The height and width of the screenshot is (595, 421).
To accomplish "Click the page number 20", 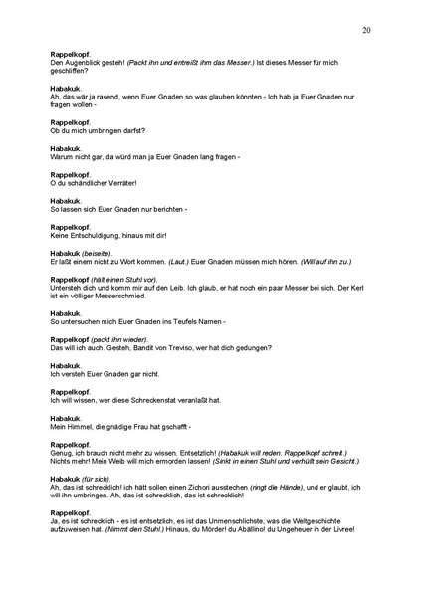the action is pyautogui.click(x=367, y=30).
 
